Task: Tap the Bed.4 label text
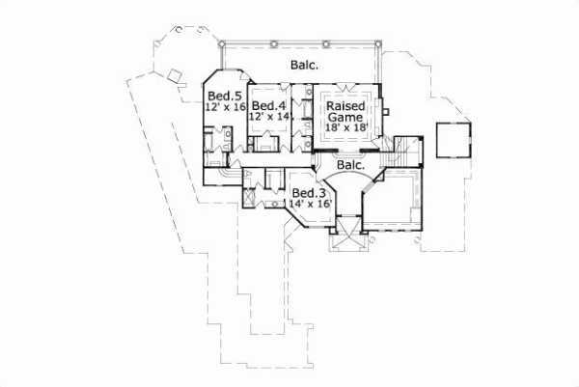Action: click(x=269, y=105)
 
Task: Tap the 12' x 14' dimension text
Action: click(x=270, y=117)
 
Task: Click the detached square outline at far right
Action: click(x=453, y=141)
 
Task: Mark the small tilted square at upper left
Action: click(x=177, y=75)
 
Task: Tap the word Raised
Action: click(x=345, y=105)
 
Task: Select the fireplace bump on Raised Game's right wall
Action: click(x=383, y=107)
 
